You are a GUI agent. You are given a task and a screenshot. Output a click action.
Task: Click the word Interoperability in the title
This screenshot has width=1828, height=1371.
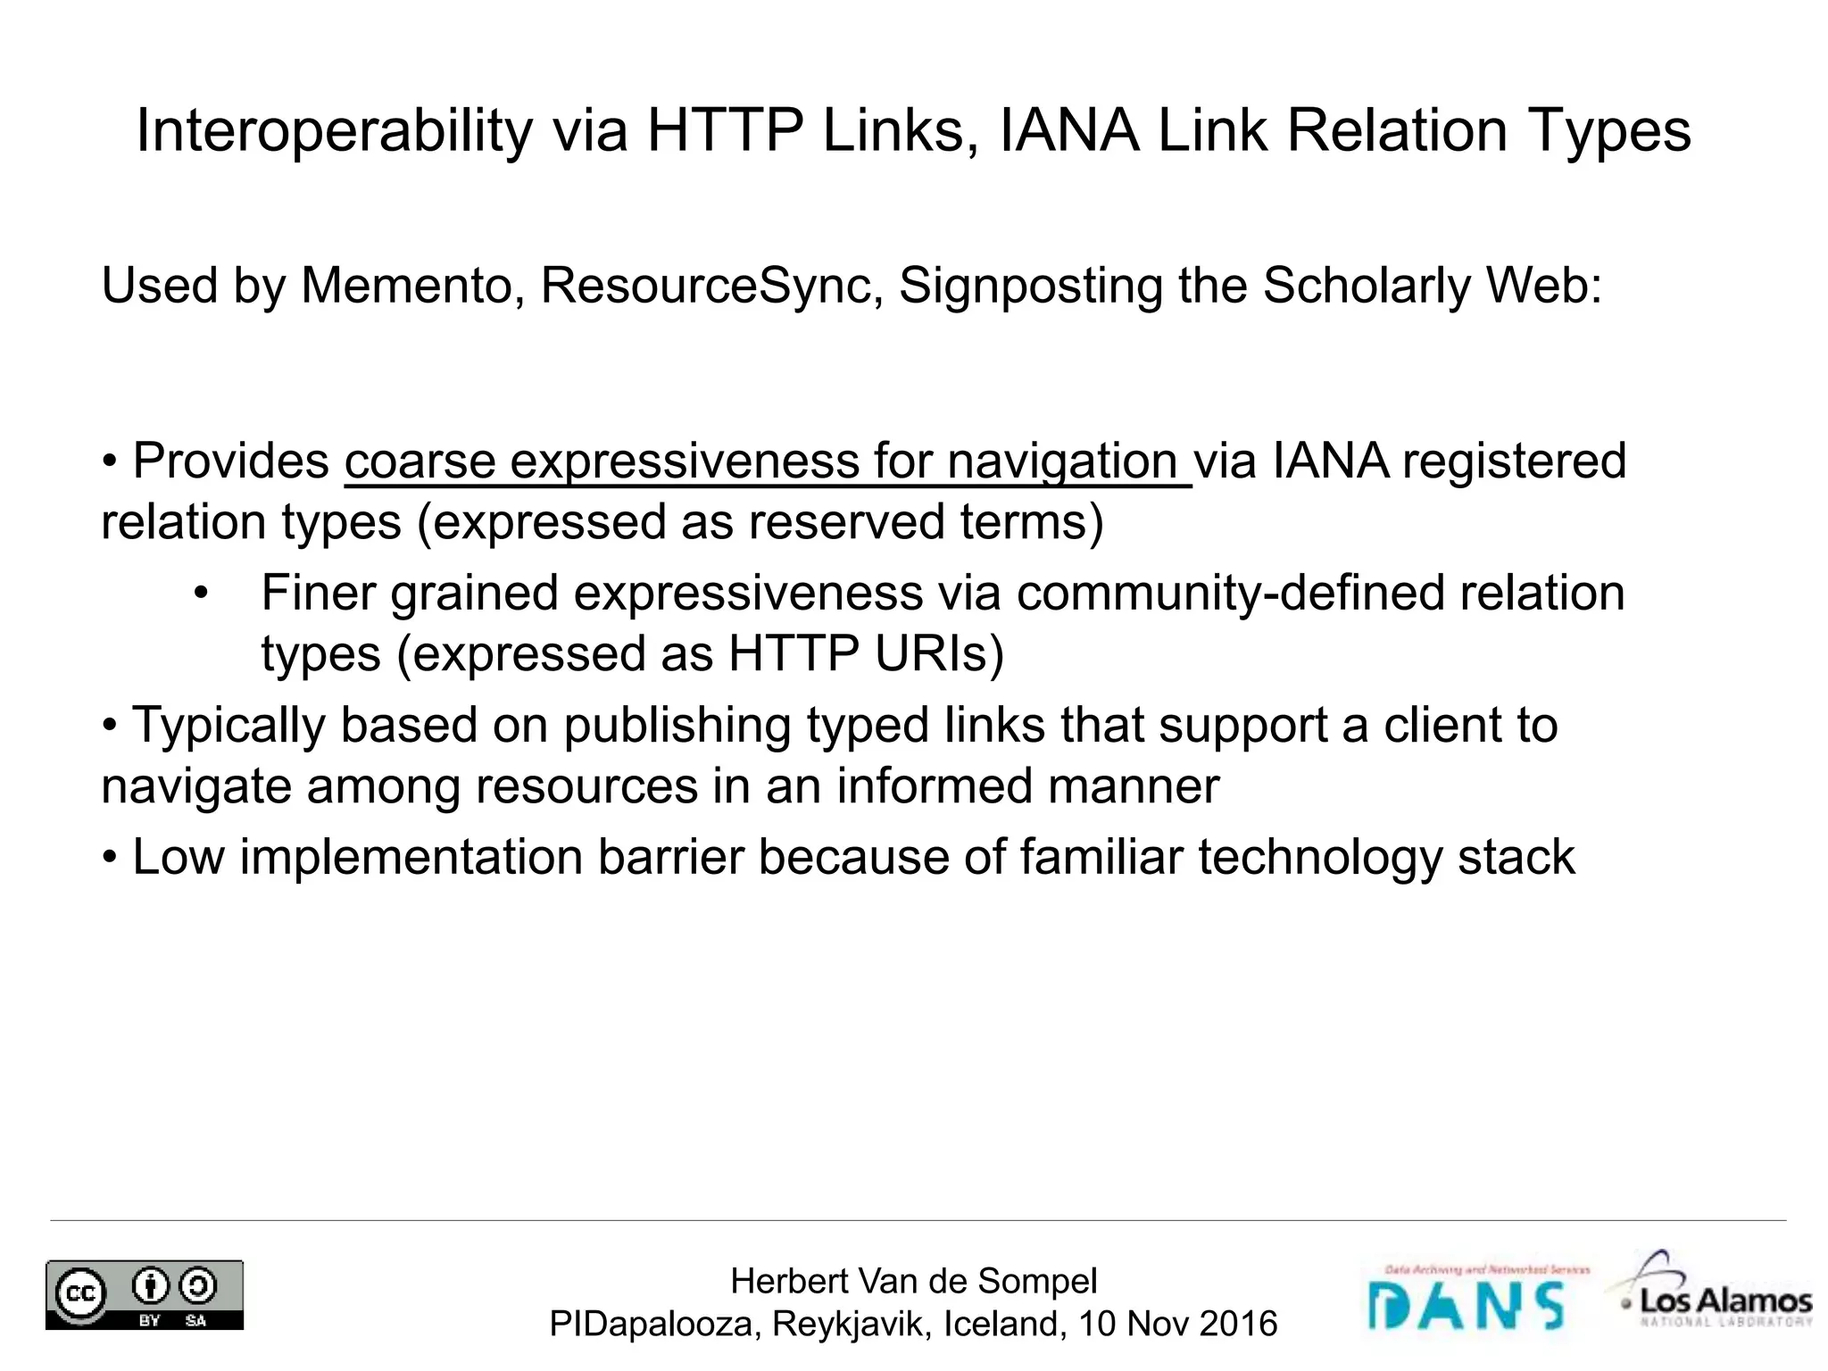pos(334,131)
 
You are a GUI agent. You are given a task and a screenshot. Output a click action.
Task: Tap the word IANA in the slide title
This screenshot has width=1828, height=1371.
pos(1068,130)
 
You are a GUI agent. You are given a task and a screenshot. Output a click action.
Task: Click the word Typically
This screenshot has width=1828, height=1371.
pos(228,725)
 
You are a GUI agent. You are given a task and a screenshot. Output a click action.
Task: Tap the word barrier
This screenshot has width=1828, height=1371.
pos(670,857)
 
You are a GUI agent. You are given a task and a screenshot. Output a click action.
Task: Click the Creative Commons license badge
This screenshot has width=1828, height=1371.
pos(145,1294)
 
